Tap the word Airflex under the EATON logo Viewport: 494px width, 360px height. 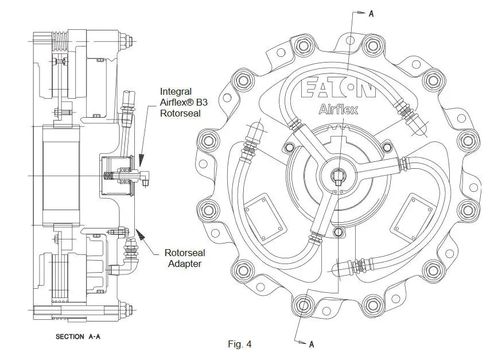tap(339, 109)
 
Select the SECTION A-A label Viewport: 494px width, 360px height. tap(78, 336)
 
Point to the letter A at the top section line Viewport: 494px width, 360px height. tap(371, 14)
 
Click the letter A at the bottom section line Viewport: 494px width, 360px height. tap(312, 344)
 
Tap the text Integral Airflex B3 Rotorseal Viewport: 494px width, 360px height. tap(184, 102)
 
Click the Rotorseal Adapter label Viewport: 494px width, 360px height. tap(185, 258)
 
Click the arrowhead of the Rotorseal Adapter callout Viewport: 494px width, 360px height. tap(139, 234)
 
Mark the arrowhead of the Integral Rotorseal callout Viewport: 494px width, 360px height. tap(141, 160)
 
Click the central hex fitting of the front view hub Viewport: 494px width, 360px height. tap(338, 176)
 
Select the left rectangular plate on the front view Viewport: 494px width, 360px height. tap(265, 218)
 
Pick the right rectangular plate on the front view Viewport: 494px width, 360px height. tap(413, 218)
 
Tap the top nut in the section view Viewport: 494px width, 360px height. tap(126, 41)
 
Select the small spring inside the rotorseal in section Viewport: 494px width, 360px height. tap(108, 176)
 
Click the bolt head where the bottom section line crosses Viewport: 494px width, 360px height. tap(303, 305)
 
